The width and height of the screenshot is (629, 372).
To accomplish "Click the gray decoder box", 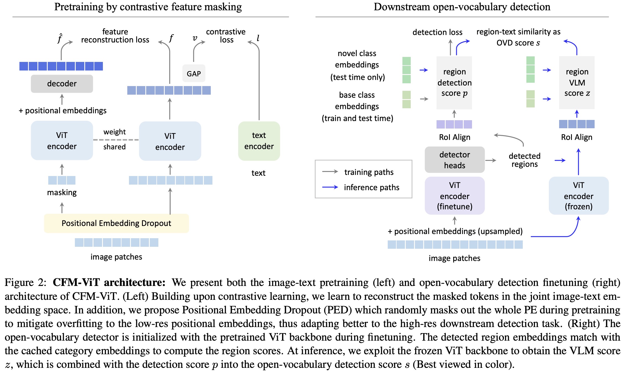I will tap(62, 84).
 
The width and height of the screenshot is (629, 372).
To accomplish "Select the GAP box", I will tap(194, 74).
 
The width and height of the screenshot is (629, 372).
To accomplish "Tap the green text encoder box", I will tap(259, 141).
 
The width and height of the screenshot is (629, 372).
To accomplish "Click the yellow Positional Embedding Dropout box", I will tap(116, 223).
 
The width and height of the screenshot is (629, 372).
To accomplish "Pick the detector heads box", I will tap(455, 160).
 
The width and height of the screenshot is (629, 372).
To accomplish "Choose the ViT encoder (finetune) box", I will tap(455, 196).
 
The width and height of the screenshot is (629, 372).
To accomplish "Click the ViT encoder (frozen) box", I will tap(579, 196).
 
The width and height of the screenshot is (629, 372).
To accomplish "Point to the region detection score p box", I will tap(454, 82).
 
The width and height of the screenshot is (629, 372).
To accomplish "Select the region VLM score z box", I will tap(577, 82).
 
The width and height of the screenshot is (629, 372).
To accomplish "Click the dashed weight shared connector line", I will tap(116, 140).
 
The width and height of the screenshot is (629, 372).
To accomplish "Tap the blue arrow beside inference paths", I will tap(330, 187).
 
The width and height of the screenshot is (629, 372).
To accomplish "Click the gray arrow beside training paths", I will tap(330, 172).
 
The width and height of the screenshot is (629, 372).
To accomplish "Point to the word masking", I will tap(62, 192).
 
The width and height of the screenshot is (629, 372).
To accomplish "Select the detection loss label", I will tap(437, 32).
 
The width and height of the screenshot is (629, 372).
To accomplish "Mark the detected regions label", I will tap(524, 160).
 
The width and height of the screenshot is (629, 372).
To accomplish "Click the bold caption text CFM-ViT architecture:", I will tap(109, 282).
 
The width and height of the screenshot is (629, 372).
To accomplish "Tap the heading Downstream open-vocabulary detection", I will tap(462, 7).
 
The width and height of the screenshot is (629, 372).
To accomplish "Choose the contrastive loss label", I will tap(226, 36).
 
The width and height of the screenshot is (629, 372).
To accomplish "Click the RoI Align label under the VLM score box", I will tap(577, 137).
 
